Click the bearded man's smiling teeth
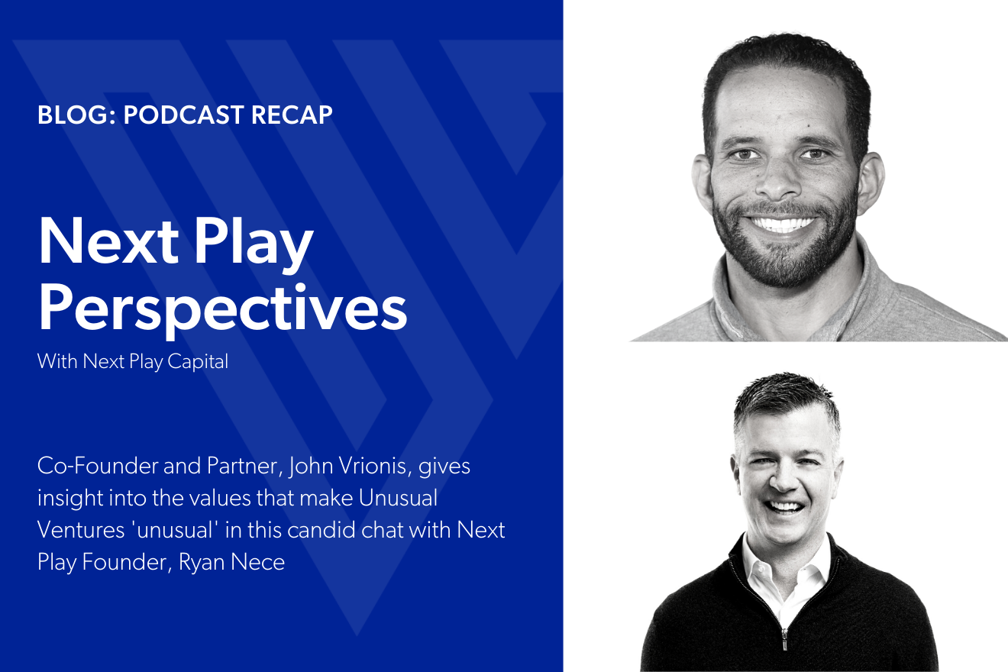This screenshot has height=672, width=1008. [x=783, y=225]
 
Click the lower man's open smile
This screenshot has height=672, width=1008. [x=787, y=506]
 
